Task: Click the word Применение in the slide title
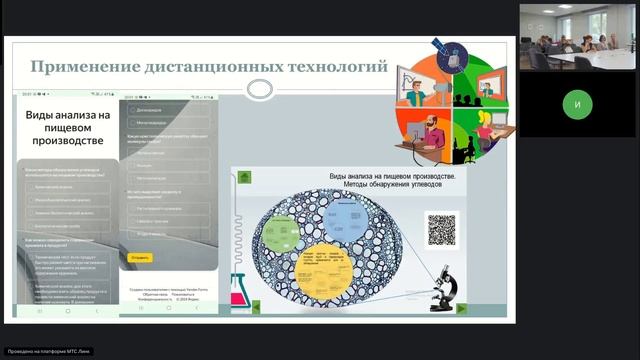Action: (x=82, y=68)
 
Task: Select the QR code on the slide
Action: (x=441, y=228)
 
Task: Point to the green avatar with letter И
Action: (x=576, y=103)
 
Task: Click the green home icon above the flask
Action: (x=244, y=178)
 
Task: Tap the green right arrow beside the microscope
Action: (x=461, y=308)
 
